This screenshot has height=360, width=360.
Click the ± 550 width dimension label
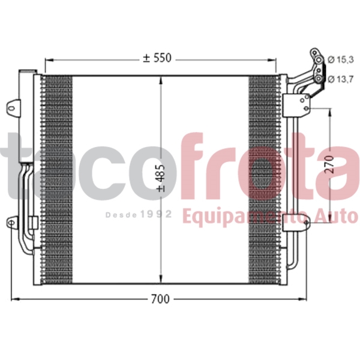pos(157,58)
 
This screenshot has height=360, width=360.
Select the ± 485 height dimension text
pos(160,179)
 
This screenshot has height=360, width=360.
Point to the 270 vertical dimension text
pos(329,163)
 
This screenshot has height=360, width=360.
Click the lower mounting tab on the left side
pos(11,224)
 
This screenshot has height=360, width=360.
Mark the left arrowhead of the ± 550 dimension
pos(48,60)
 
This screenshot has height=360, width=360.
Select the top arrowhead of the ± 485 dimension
pos(160,80)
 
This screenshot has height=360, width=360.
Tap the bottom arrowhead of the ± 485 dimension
pos(160,280)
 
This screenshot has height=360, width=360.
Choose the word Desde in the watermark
pos(122,214)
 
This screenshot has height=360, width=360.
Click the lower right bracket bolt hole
pos(306,224)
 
